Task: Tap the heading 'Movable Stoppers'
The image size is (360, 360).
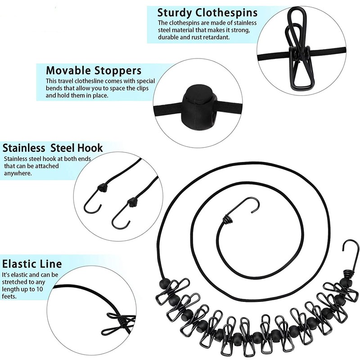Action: (x=94, y=71)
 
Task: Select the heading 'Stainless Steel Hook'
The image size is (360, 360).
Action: (x=53, y=148)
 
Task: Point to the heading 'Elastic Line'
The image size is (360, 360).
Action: (x=32, y=264)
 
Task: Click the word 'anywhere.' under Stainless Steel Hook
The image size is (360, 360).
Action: (x=18, y=173)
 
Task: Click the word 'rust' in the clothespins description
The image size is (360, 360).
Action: (x=197, y=37)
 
